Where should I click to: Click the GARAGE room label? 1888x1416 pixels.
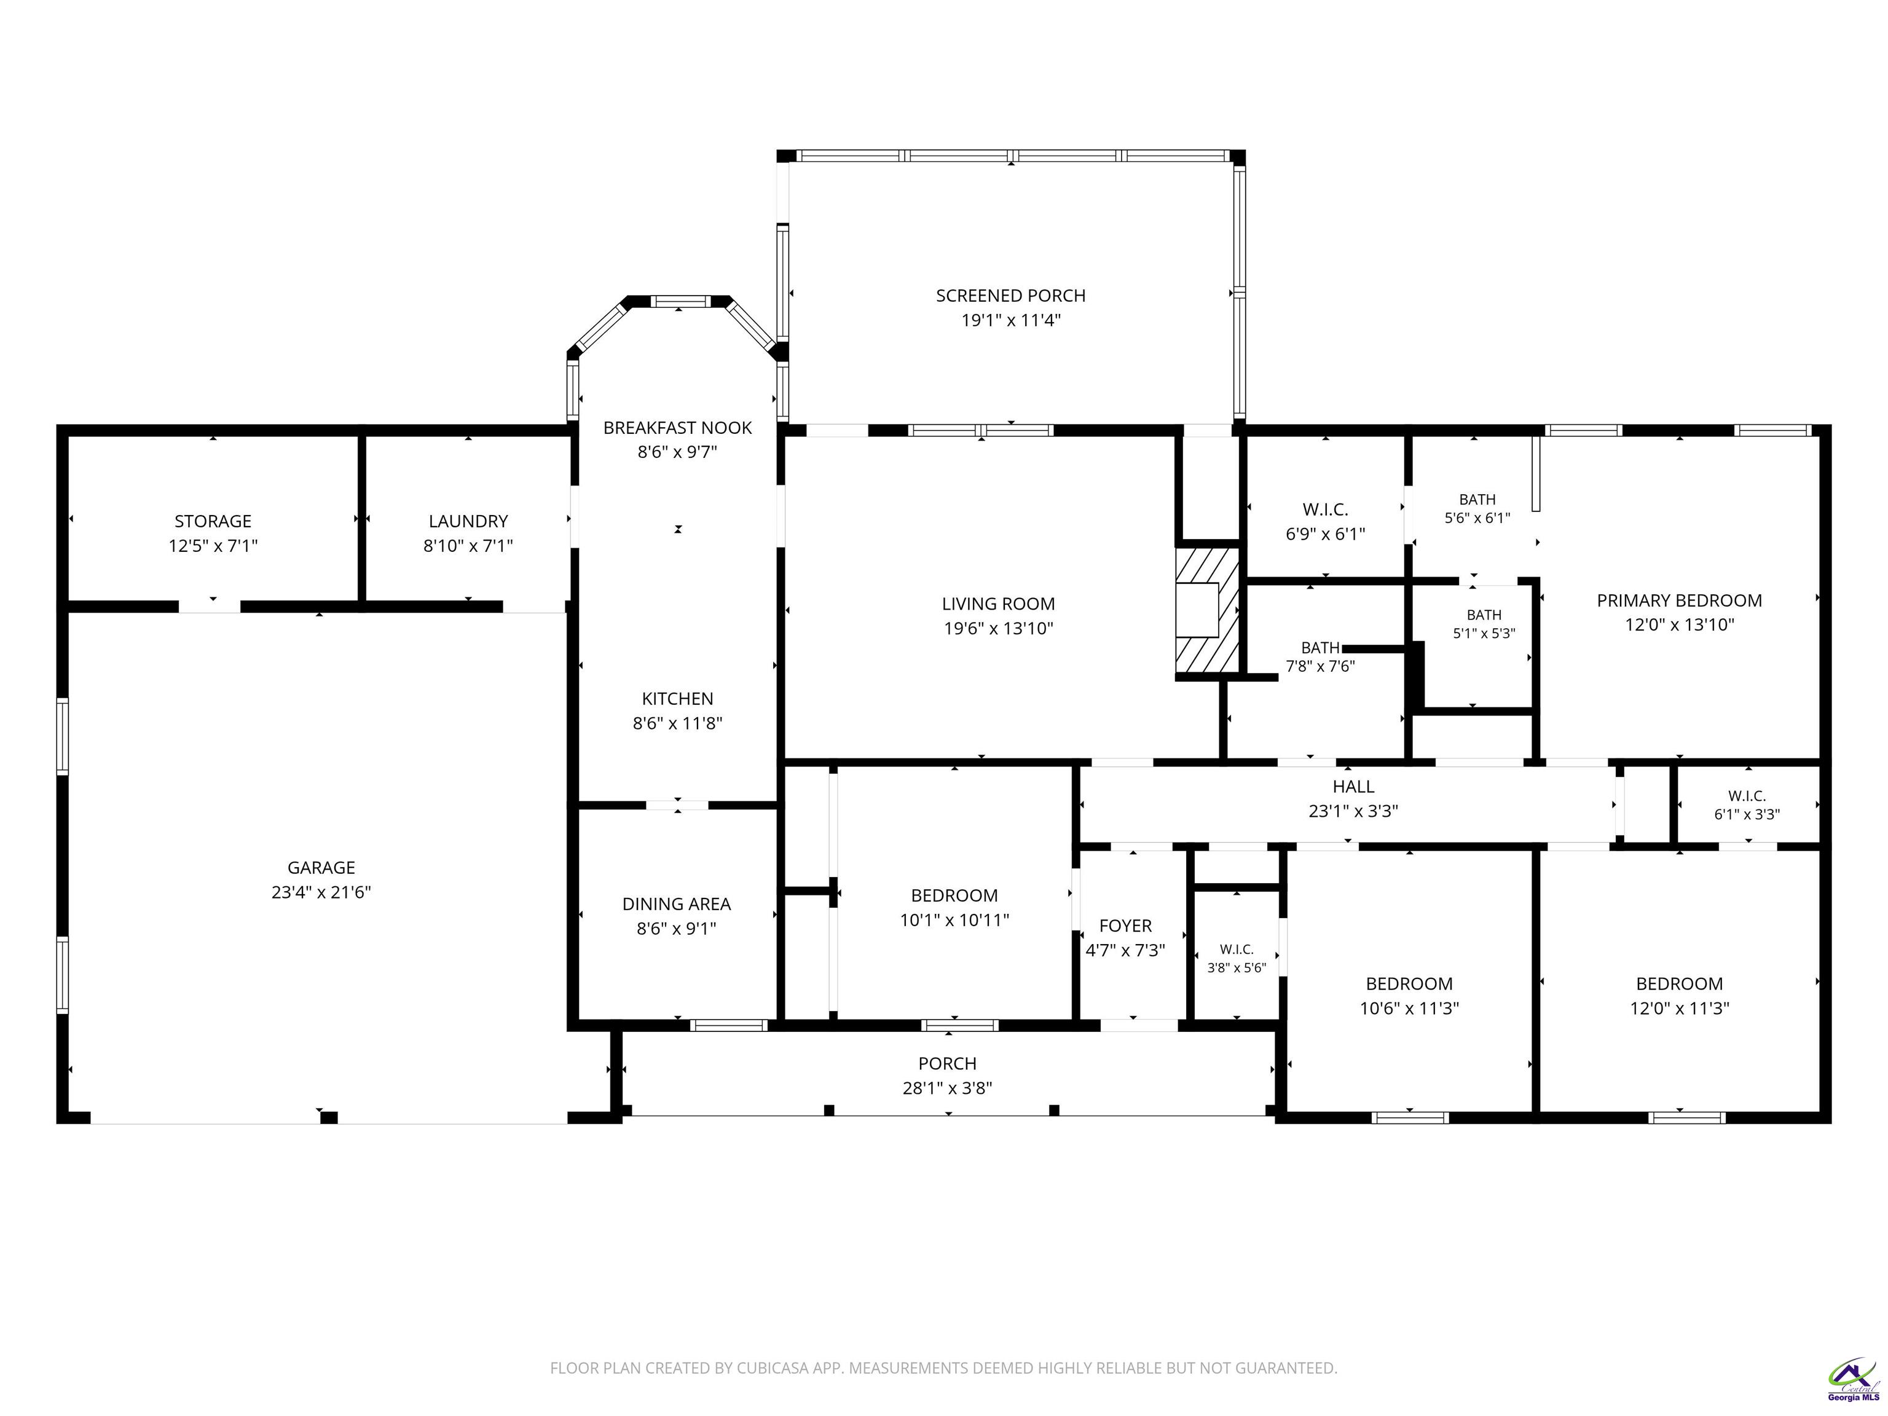[321, 868]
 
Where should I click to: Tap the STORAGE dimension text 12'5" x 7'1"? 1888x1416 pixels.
[213, 545]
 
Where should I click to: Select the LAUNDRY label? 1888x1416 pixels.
[468, 521]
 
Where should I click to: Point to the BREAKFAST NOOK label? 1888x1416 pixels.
[678, 428]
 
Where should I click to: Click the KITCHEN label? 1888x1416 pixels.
[678, 699]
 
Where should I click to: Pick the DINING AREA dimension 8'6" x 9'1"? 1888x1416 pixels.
[676, 929]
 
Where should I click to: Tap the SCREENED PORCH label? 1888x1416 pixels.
[1010, 296]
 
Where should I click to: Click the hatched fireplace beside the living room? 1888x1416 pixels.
[1207, 610]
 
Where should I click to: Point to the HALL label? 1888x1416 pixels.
[1353, 786]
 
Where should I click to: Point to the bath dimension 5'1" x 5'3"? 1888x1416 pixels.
[1484, 633]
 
